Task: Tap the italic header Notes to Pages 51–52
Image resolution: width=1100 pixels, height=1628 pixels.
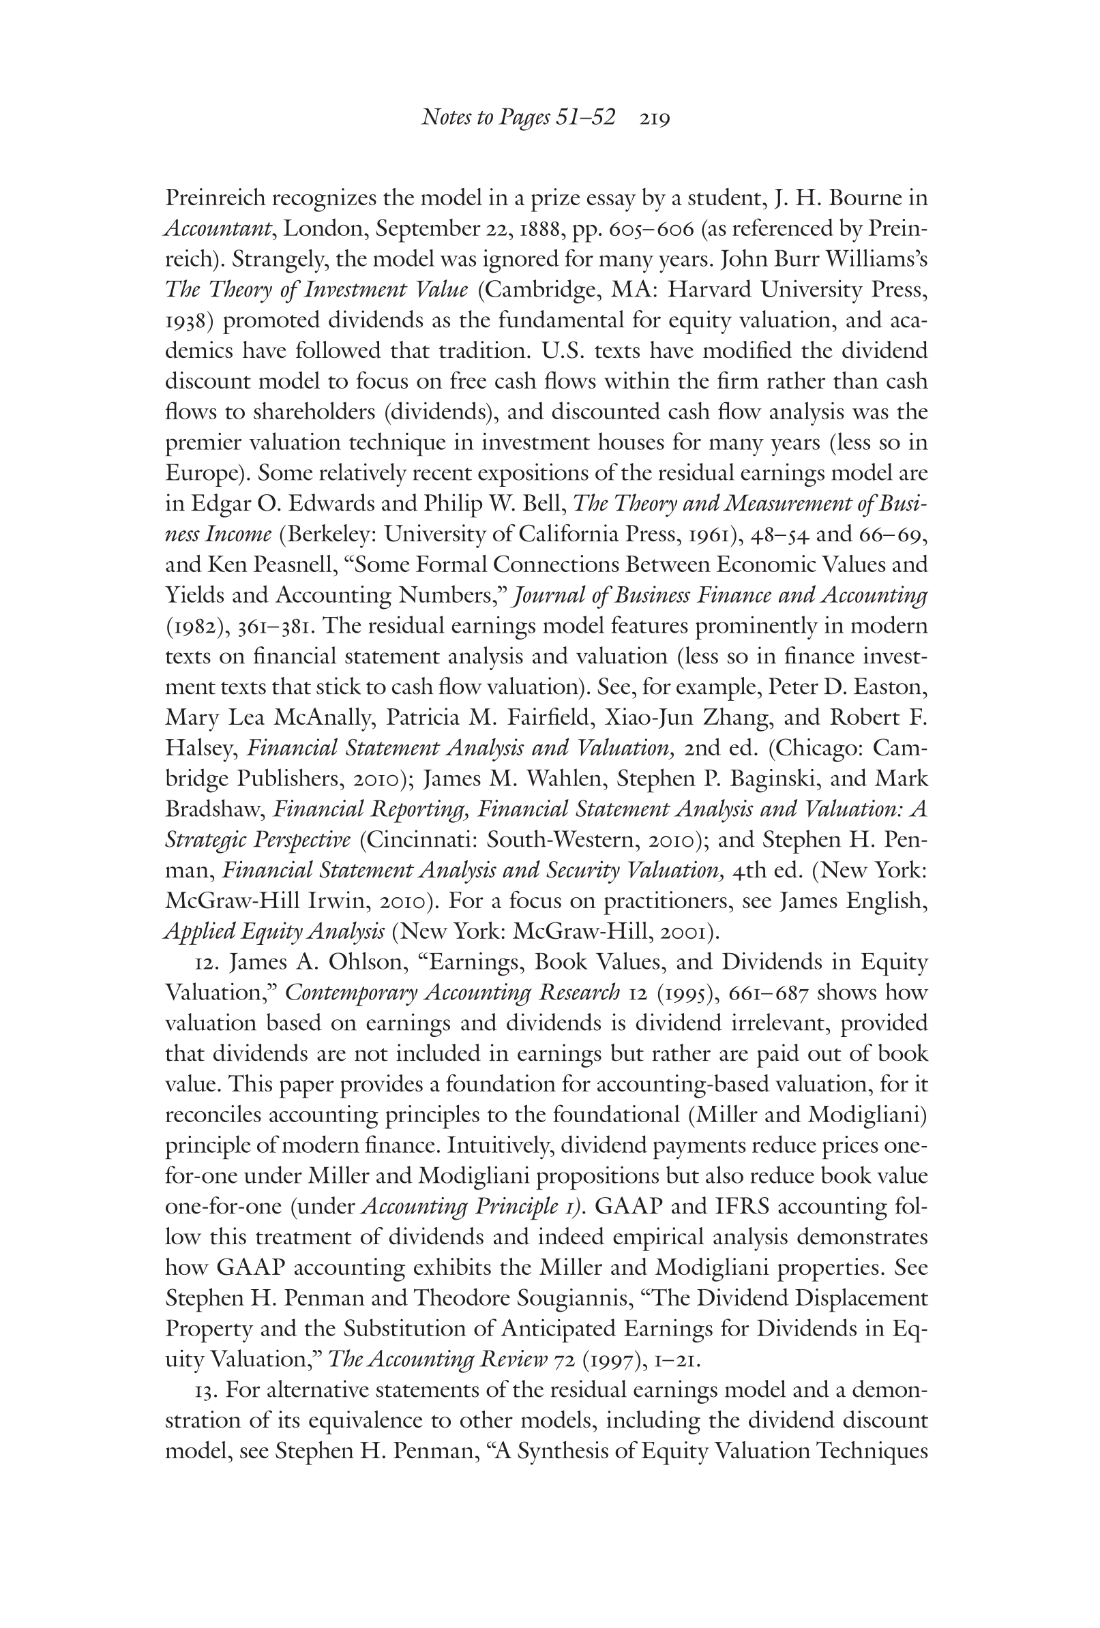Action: (518, 119)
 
